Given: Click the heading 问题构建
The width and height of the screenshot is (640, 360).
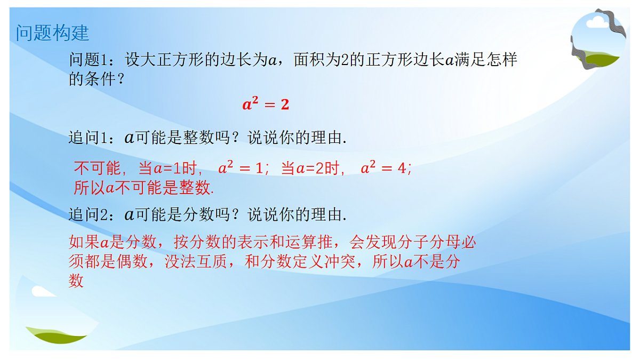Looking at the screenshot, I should click(52, 33).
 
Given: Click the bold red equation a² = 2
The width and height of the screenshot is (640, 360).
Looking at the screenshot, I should click(266, 105).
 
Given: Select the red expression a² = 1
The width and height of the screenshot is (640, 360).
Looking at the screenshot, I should click(241, 169).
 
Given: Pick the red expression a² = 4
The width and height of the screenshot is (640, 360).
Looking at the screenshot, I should click(383, 169).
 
